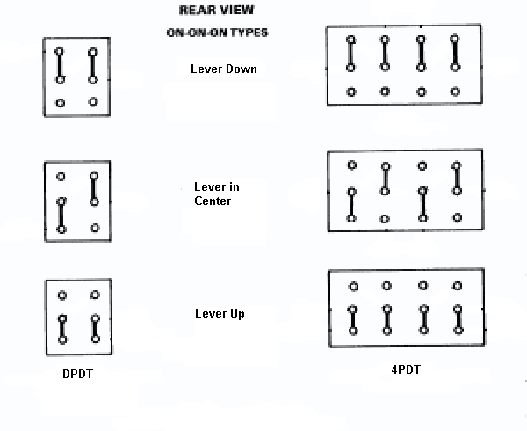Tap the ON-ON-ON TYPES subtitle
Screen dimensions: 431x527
click(x=217, y=33)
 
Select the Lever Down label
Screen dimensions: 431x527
click(x=224, y=69)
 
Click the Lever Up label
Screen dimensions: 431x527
click(x=220, y=314)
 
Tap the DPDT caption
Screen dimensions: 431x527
click(x=76, y=374)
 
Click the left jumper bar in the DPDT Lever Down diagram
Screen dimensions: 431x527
click(x=61, y=65)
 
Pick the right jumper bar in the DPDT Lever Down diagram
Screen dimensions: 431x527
click(x=92, y=64)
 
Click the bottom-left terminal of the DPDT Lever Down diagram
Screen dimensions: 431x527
click(x=61, y=103)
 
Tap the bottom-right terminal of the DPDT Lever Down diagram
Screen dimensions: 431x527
click(x=92, y=102)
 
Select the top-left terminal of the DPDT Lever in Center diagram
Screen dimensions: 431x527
click(x=61, y=177)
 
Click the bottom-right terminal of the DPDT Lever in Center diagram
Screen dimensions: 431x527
click(x=94, y=229)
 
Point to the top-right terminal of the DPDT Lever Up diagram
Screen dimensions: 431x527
click(x=95, y=296)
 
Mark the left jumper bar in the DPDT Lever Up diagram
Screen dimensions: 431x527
click(x=61, y=329)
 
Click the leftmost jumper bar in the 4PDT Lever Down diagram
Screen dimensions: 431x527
click(x=350, y=54)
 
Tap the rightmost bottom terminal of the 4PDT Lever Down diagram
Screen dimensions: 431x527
click(x=456, y=91)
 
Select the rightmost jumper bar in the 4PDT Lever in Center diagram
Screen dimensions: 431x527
click(x=456, y=178)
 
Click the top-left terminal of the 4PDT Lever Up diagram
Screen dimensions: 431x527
click(x=353, y=286)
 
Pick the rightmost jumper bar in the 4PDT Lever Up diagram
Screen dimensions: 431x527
click(x=458, y=320)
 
